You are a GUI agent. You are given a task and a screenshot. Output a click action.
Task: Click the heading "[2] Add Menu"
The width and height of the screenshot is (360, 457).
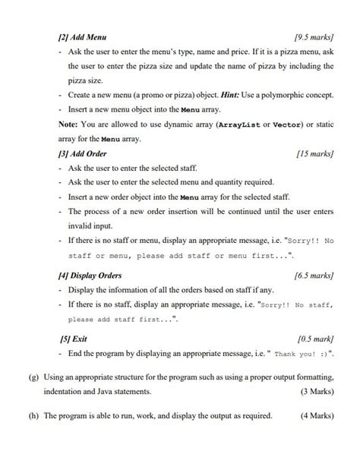click(x=82, y=36)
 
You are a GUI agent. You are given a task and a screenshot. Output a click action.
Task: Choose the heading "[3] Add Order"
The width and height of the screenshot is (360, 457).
click(x=83, y=153)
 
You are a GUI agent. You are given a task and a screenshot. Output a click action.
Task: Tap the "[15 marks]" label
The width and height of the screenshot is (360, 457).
click(x=314, y=153)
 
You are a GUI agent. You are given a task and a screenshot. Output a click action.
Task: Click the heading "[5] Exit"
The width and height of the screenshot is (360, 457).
click(x=74, y=339)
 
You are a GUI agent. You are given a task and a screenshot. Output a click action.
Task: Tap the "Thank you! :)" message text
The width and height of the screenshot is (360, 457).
click(x=302, y=355)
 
